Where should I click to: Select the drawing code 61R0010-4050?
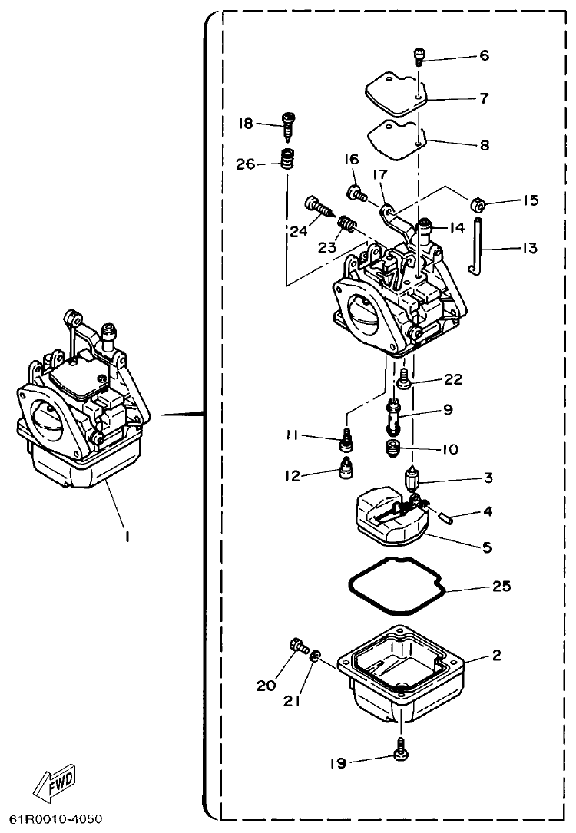pos(55,819)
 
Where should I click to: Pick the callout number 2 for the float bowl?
pos(496,655)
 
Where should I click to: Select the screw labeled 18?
pos(290,125)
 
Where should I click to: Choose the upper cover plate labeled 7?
pos(396,100)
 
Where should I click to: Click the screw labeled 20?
pos(296,647)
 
